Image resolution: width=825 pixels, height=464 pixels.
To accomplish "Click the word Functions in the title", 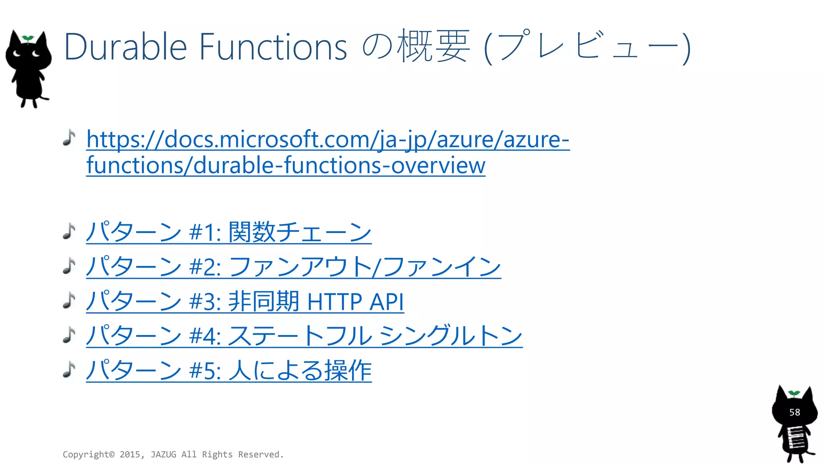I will (273, 48).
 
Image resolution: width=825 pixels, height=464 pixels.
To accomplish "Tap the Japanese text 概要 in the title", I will (433, 47).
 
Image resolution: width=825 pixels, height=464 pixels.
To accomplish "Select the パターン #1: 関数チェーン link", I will (228, 232).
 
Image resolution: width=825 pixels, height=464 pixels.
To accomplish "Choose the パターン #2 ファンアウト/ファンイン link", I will (293, 267).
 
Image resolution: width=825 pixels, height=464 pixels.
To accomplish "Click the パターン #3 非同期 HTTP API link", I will (245, 301).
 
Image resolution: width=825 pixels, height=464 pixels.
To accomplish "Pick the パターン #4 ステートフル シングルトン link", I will (304, 336).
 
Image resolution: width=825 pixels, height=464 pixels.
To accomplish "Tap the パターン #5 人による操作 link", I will (228, 370).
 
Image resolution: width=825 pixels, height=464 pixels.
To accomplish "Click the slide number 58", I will (794, 412).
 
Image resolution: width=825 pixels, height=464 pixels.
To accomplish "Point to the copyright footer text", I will (173, 454).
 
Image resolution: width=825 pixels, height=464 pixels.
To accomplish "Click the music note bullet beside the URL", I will (69, 138).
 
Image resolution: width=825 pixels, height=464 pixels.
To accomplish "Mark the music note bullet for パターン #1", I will (69, 231).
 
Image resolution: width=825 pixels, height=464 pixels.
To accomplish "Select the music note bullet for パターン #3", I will (69, 300).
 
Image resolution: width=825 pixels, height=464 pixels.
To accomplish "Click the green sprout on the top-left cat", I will (28, 38).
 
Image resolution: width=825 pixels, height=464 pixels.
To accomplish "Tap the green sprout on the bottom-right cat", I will (794, 393).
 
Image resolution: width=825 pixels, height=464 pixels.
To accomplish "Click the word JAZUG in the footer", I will (163, 454).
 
